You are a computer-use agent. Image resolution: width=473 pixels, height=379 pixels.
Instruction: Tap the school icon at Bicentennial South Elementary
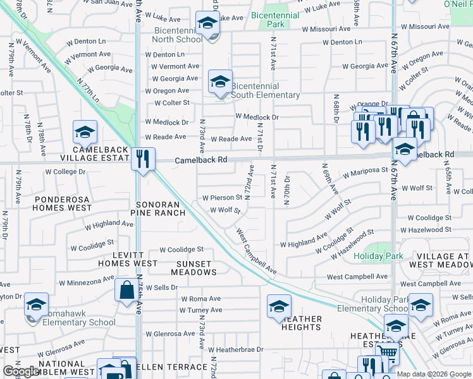click(220, 82)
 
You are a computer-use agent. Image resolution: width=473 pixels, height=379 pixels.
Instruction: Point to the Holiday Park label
click(378, 256)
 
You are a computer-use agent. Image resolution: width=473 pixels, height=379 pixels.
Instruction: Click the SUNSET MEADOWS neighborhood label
click(193, 268)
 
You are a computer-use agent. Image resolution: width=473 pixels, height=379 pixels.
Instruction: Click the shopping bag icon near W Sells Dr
click(126, 290)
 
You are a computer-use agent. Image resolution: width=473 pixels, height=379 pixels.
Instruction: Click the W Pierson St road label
click(222, 198)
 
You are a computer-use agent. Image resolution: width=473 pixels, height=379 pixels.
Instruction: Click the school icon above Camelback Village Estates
click(85, 133)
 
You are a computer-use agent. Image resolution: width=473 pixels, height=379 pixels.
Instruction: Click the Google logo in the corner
click(20, 371)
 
